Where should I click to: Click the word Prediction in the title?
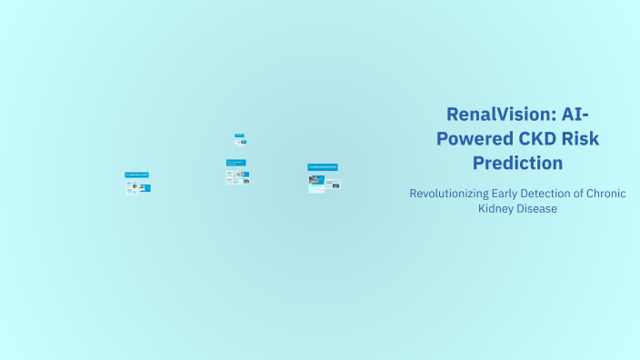[x=517, y=164]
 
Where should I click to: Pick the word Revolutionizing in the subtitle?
[x=450, y=194]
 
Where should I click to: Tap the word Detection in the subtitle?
[x=561, y=194]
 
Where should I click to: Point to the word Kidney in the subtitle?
[x=496, y=209]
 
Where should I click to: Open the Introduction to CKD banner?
[x=137, y=175]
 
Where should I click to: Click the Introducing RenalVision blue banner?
[x=323, y=167]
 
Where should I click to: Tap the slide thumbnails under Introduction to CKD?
[x=138, y=187]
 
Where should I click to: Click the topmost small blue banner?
[x=239, y=135]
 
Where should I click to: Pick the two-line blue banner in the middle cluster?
[x=236, y=164]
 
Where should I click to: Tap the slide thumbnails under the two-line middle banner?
[x=238, y=176]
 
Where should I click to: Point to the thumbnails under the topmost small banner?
[x=241, y=142]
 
